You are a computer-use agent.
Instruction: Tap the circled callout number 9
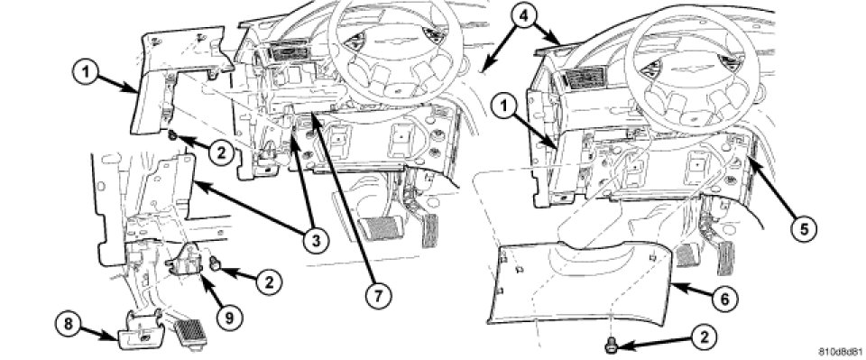(x=229, y=317)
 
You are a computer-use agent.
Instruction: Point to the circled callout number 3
(x=315, y=240)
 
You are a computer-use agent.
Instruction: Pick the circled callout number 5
(x=803, y=226)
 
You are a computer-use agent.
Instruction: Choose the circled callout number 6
(x=723, y=299)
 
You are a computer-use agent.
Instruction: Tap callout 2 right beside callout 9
(x=269, y=282)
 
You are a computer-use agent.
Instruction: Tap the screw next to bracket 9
(x=216, y=265)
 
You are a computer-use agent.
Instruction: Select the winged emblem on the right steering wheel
(x=683, y=68)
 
